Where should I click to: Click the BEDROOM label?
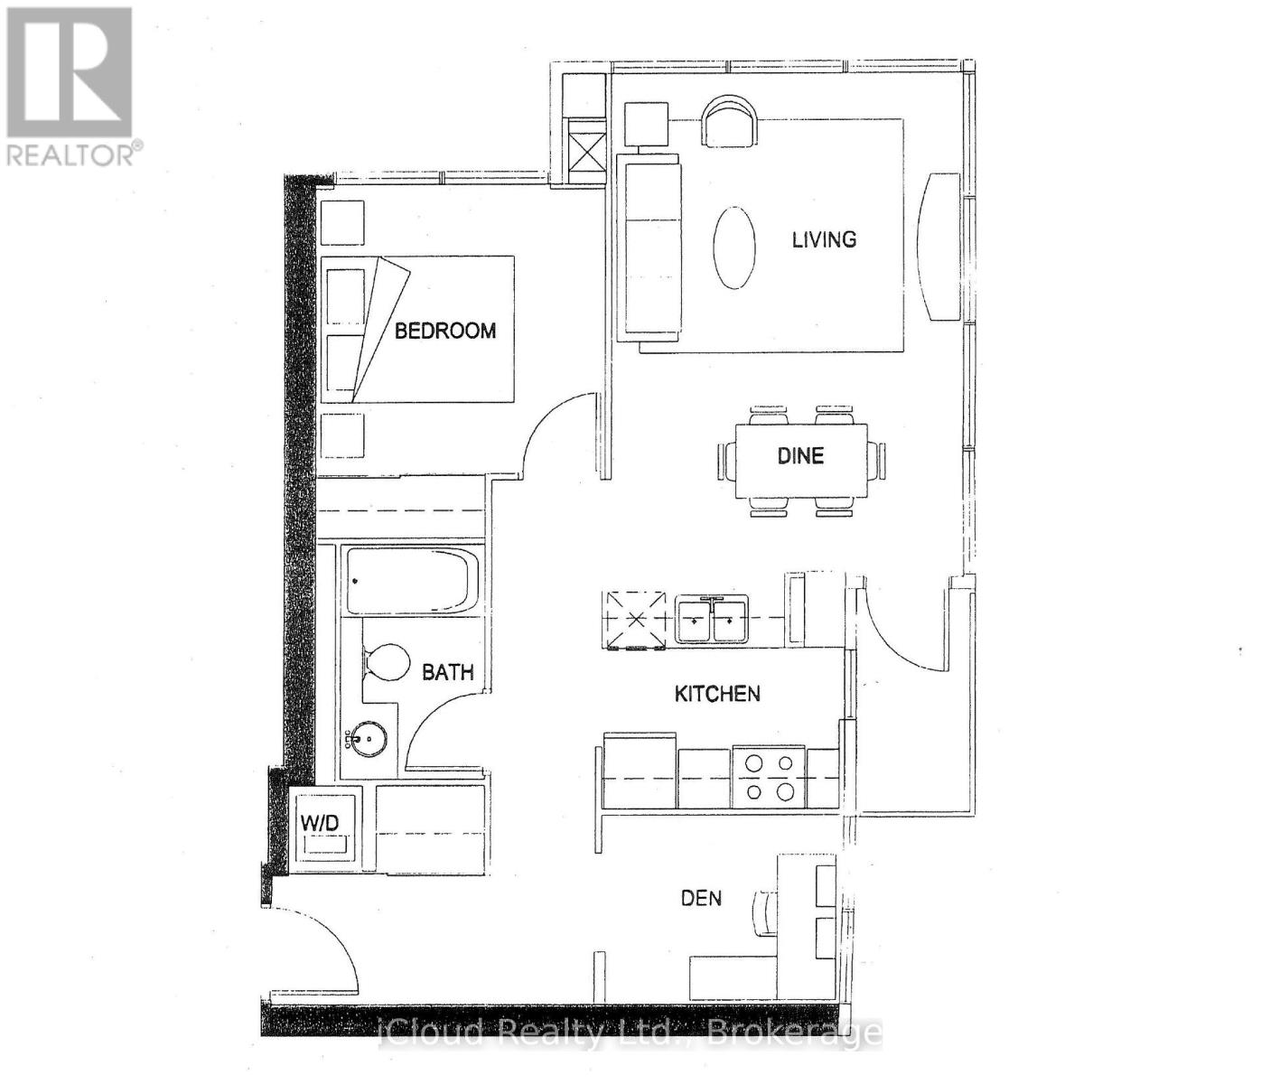pyautogui.click(x=445, y=331)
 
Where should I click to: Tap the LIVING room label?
pyautogui.click(x=824, y=239)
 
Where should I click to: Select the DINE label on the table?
pyautogui.click(x=800, y=455)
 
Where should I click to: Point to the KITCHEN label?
pyautogui.click(x=717, y=694)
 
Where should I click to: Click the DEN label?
pyautogui.click(x=701, y=898)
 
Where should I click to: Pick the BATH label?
pyautogui.click(x=448, y=672)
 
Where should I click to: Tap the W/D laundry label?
pyautogui.click(x=320, y=824)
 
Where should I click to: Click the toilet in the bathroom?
pyautogui.click(x=384, y=665)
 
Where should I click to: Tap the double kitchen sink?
pyautogui.click(x=712, y=620)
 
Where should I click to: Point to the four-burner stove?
pyautogui.click(x=769, y=778)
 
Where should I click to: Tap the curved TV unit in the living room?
pyautogui.click(x=939, y=246)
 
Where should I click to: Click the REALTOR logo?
pyautogui.click(x=70, y=86)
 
